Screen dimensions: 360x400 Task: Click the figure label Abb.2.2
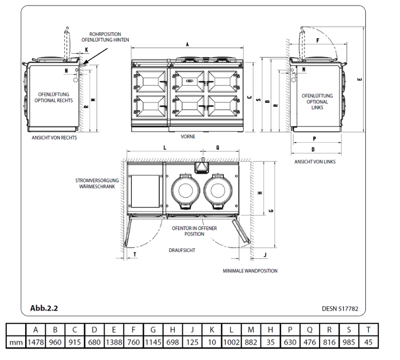pos(44,308)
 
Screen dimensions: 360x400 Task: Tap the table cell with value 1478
pos(35,342)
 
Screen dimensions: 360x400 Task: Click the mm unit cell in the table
pos(16,342)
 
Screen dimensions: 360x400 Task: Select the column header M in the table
pos(251,330)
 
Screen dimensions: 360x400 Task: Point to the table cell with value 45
pos(368,342)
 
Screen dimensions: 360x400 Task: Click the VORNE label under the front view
pos(188,137)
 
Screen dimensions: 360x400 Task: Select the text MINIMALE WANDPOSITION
pos(250,271)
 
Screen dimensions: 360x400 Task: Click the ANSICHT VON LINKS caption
pos(315,162)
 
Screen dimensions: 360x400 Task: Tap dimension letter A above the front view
pos(187,44)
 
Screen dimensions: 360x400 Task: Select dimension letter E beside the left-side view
pos(359,79)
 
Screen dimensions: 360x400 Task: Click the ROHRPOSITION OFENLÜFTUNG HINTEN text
pos(105,37)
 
